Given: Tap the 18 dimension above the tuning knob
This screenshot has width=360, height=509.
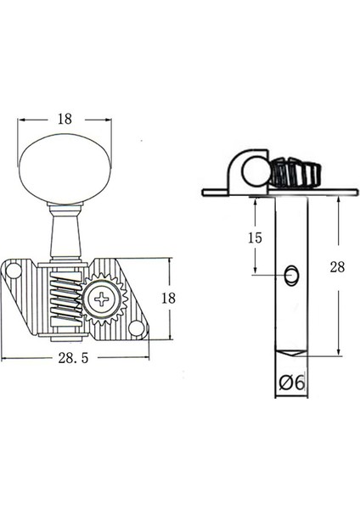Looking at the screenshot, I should [x=64, y=120].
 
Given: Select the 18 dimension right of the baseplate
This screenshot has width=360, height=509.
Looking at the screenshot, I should [x=168, y=298].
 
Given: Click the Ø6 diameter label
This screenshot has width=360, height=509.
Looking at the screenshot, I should [x=291, y=383].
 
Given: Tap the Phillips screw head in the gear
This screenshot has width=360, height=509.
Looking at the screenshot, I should [x=104, y=299].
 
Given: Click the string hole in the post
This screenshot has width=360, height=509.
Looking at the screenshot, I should [x=291, y=274].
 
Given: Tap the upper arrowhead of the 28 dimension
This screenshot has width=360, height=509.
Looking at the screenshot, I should [x=339, y=200].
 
